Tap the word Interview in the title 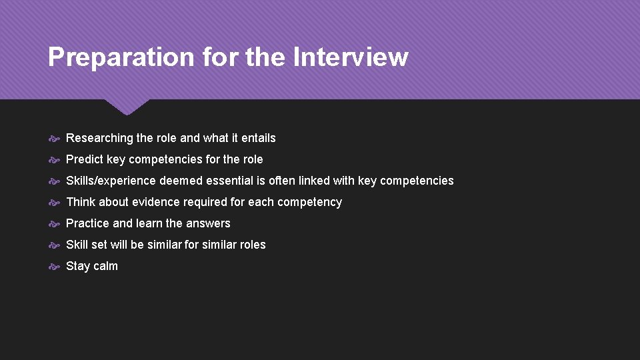350,57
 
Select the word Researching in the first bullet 99,138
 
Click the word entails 258,138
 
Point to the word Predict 85,159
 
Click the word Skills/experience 111,181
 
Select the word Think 81,202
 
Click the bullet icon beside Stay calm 55,266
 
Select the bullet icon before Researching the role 55,138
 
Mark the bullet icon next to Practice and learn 55,223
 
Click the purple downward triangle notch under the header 127,106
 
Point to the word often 282,181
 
